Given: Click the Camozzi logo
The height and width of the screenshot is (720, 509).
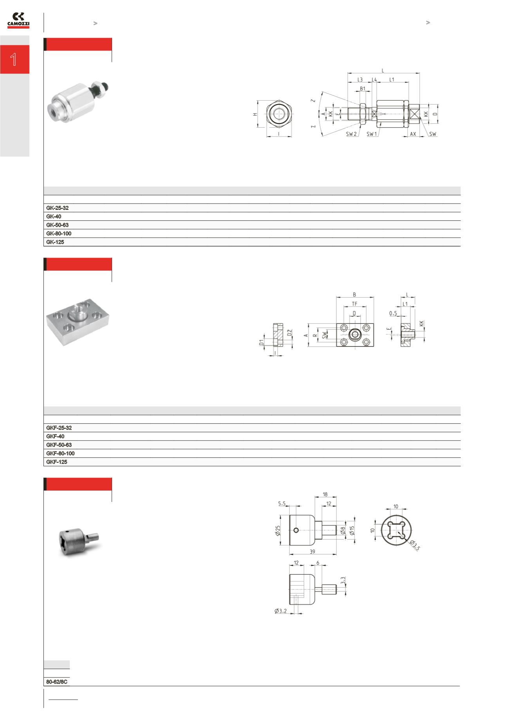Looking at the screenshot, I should click(18, 20).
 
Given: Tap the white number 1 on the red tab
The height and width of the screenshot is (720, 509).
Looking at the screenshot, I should click(14, 60).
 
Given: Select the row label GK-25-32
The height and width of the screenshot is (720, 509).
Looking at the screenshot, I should click(57, 208).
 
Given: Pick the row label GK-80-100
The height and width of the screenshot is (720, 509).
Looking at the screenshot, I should click(59, 233).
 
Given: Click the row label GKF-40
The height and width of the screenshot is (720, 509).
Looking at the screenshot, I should click(55, 436).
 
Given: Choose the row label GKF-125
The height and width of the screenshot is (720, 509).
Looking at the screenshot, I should click(57, 462).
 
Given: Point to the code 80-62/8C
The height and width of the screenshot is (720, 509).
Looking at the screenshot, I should click(57, 682).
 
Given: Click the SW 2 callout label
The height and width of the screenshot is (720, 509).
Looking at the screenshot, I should click(351, 134).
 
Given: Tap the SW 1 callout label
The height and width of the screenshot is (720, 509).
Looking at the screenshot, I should click(372, 134).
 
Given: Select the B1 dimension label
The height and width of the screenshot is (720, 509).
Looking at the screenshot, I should click(363, 88).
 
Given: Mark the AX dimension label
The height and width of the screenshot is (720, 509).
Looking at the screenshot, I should click(413, 134).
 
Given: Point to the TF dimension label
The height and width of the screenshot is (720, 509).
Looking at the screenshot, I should click(354, 303).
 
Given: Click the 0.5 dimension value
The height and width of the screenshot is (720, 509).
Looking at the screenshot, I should click(393, 313).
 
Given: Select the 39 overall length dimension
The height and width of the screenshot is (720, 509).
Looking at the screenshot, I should click(312, 552).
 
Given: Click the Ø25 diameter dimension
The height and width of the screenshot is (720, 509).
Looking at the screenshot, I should click(278, 531).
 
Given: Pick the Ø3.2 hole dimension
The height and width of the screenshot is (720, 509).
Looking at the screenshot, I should click(281, 611).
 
